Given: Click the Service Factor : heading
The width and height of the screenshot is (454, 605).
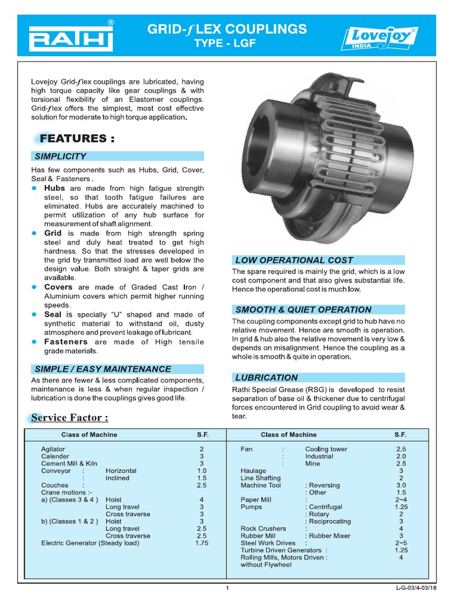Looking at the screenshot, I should click(x=70, y=418).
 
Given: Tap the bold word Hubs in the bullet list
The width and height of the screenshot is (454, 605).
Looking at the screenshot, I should click(x=55, y=187).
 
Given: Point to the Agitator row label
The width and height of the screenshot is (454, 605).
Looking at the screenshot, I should click(x=53, y=449).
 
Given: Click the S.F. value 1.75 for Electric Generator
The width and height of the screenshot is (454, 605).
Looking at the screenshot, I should click(x=202, y=543).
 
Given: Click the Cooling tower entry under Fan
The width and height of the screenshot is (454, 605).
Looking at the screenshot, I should click(x=326, y=449).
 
